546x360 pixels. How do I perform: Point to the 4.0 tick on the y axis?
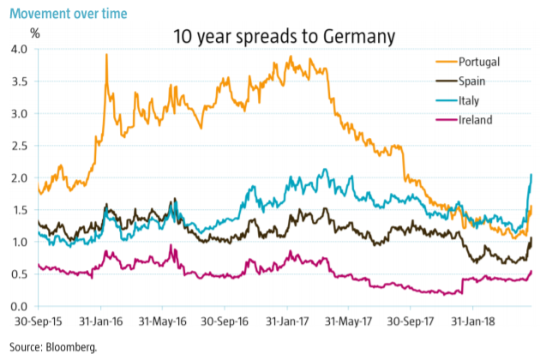pyautogui.click(x=19, y=49)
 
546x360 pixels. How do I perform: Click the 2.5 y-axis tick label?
pyautogui.click(x=19, y=146)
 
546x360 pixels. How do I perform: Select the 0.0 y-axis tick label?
pyautogui.click(x=19, y=307)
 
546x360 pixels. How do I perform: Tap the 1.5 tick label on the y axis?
pyautogui.click(x=19, y=210)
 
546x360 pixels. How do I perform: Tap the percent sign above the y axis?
pyautogui.click(x=35, y=33)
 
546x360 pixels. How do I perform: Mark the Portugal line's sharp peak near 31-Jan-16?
pyautogui.click(x=105, y=55)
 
